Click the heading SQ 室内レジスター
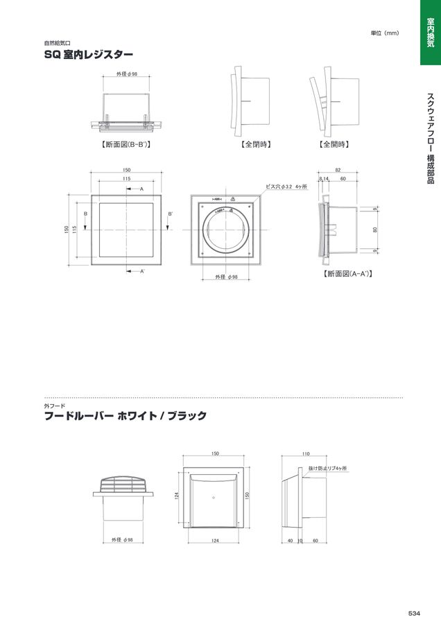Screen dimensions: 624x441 [x=88, y=53]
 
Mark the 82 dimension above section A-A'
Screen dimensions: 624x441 [x=338, y=170]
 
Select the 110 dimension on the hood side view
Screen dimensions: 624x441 [x=306, y=454]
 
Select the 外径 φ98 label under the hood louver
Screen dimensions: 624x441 [x=122, y=539]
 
